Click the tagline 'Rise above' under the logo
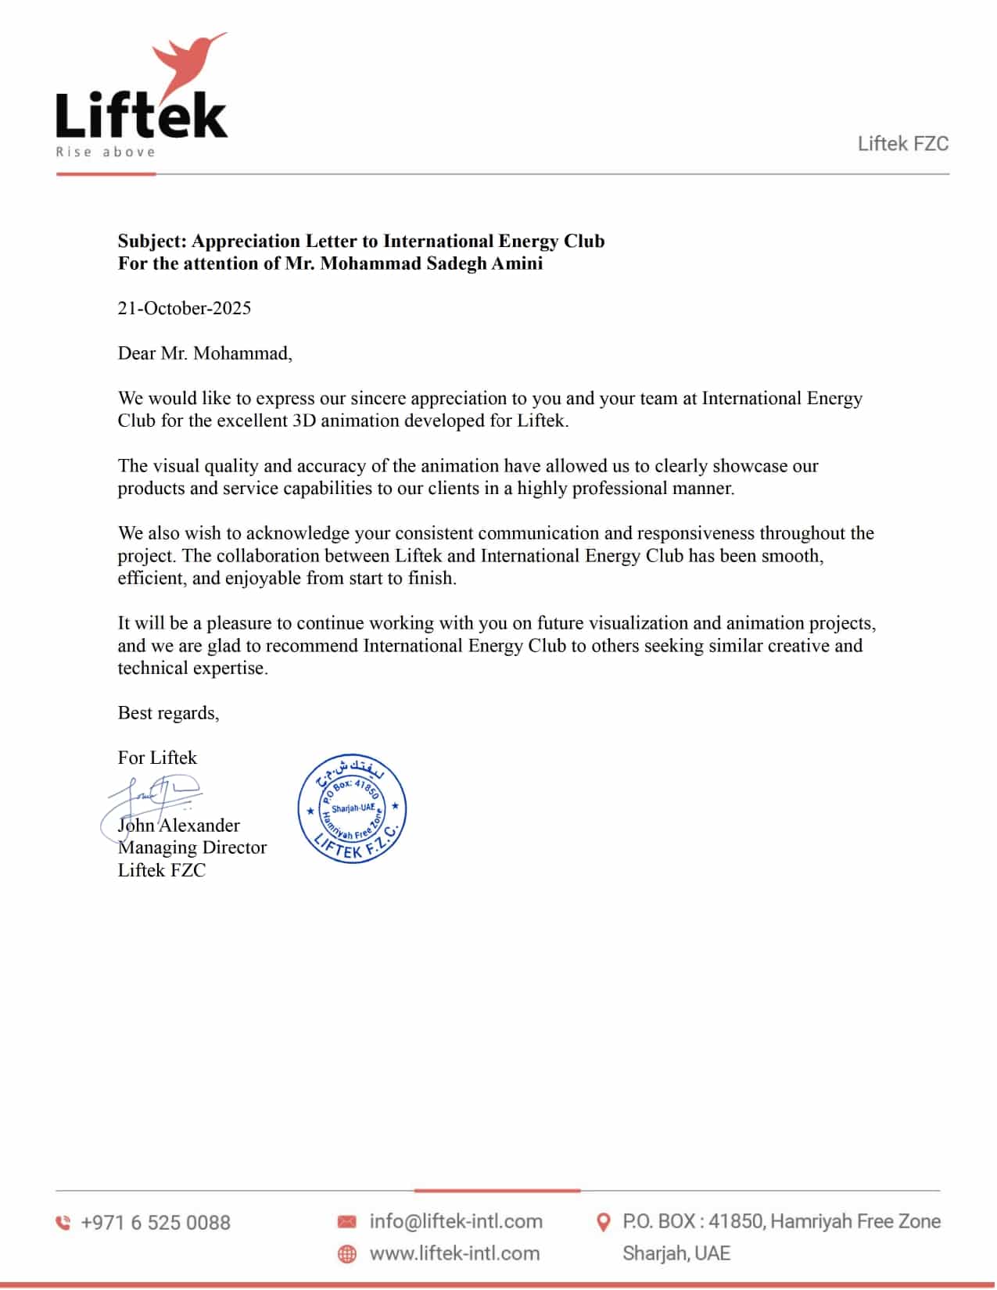point(106,152)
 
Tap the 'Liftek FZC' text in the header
point(902,144)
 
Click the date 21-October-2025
point(185,308)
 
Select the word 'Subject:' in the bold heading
point(152,241)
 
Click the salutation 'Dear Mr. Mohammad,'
point(205,353)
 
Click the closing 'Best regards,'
point(168,713)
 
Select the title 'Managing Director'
point(192,847)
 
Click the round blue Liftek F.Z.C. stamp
point(352,809)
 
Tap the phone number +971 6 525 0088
point(156,1223)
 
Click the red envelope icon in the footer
point(346,1221)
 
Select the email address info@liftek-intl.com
point(456,1221)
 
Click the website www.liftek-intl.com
point(454,1253)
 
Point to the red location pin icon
point(603,1222)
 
